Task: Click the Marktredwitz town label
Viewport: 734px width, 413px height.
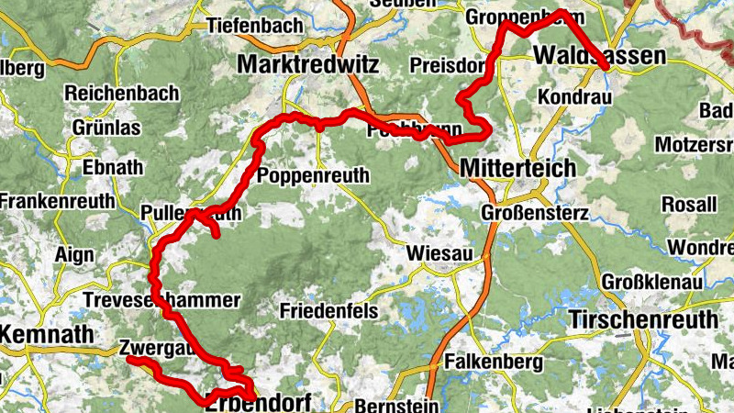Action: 306,63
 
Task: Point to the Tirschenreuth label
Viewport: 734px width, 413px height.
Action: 643,319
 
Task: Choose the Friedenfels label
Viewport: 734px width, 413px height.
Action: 329,311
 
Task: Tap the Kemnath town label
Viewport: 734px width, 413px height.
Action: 48,335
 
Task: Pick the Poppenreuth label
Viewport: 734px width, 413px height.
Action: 314,176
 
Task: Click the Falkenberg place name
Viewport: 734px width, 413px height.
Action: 493,363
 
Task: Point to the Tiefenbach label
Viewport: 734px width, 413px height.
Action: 254,26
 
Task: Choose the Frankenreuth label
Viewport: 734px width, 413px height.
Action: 58,200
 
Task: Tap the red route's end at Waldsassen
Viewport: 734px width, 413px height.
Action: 606,65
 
